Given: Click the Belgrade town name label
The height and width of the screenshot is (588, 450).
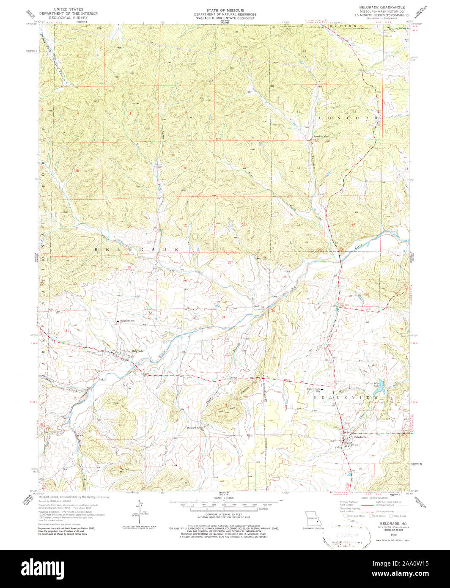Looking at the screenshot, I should (137, 351).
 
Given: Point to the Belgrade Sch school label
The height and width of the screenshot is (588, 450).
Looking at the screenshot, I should (127, 321).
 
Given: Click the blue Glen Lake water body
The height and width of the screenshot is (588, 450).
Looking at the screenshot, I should (379, 386).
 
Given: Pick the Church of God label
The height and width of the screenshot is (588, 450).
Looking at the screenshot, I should (321, 137).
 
